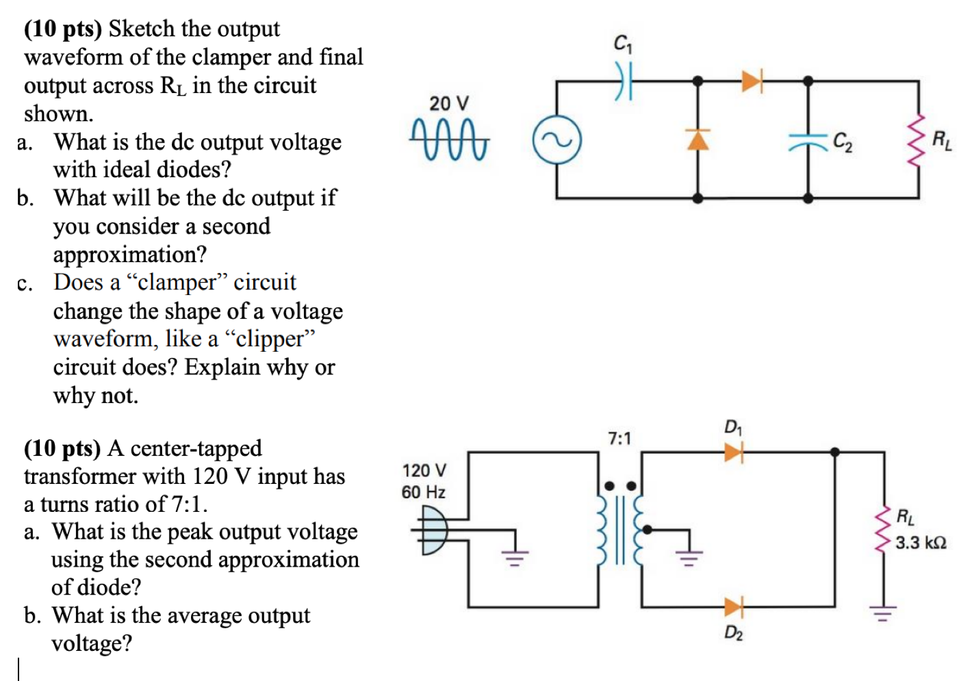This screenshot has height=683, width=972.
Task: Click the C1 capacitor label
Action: point(622,44)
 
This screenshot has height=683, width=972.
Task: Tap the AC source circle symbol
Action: point(557,140)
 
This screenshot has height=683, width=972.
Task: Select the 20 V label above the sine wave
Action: point(449,103)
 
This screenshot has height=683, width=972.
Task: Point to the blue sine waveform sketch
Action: point(449,140)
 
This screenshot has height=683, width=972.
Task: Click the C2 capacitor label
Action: point(843,142)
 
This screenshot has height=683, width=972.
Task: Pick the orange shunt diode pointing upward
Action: point(698,139)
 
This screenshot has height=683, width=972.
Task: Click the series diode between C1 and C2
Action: point(752,81)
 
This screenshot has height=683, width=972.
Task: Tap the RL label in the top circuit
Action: point(941,140)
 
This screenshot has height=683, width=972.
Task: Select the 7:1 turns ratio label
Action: point(619,438)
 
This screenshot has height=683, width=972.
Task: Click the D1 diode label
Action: point(732,428)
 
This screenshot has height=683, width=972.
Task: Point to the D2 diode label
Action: point(733,633)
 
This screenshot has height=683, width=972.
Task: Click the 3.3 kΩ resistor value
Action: point(921,543)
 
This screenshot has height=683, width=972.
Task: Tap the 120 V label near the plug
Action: point(424,471)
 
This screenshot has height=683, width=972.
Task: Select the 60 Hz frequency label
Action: point(423,492)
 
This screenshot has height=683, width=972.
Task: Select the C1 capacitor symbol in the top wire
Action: point(623,81)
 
